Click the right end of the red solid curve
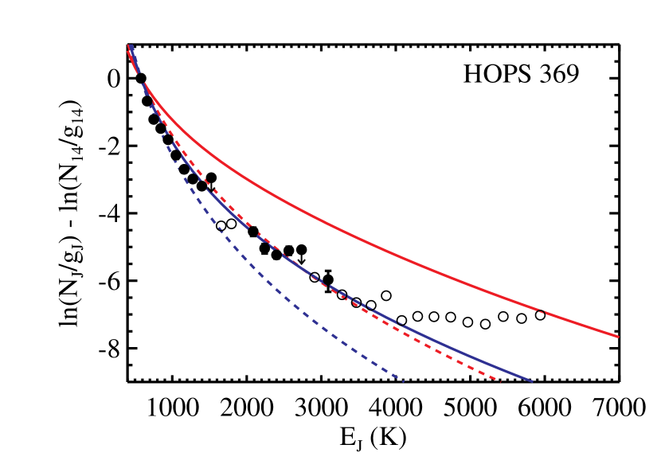click(x=618, y=336)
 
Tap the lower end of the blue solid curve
click(x=531, y=381)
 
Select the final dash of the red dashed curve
click(x=497, y=380)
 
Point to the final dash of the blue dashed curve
click(x=401, y=380)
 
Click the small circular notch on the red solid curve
click(x=541, y=311)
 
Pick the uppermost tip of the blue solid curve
click(x=131, y=46)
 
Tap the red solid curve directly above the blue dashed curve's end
click(x=402, y=258)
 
